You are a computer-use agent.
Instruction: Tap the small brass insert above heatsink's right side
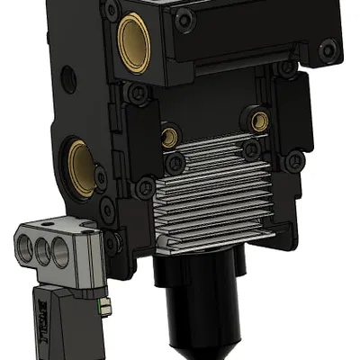(x=260, y=121)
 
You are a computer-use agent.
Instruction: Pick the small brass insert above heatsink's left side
(x=168, y=137)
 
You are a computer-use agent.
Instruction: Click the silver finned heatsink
(x=216, y=193)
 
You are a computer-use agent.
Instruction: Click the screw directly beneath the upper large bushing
(x=135, y=92)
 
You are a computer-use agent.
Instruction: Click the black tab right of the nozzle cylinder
(x=239, y=263)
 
